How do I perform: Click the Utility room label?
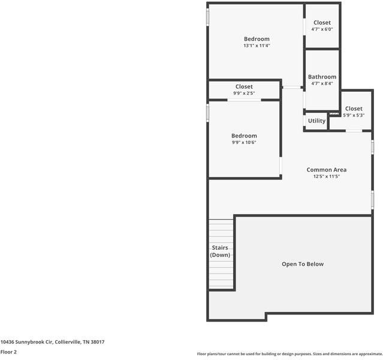[x=316, y=121]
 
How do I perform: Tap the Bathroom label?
[x=322, y=77]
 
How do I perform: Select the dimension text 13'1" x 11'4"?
[x=257, y=46]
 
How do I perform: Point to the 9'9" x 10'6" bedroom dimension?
[x=244, y=142]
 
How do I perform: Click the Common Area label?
[x=326, y=170]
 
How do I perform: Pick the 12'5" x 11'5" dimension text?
[x=326, y=176]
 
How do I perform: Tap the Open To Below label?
[x=303, y=264]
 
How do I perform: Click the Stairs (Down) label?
[x=220, y=251]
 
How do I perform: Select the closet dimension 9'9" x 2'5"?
[x=244, y=93]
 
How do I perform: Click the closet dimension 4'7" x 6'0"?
[x=322, y=29]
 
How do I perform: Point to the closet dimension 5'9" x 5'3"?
[x=354, y=115]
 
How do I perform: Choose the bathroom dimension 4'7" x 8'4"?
[x=322, y=83]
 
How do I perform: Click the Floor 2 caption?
[x=8, y=352]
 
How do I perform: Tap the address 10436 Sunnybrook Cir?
[x=26, y=342]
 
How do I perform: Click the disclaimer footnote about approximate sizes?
[x=289, y=354]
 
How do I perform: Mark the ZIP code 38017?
[x=98, y=342]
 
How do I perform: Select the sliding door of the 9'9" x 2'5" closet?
[x=244, y=100]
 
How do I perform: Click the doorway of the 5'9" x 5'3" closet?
[x=354, y=131]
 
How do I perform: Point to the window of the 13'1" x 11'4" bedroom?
[x=207, y=17]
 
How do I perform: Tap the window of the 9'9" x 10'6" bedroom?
[x=207, y=113]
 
